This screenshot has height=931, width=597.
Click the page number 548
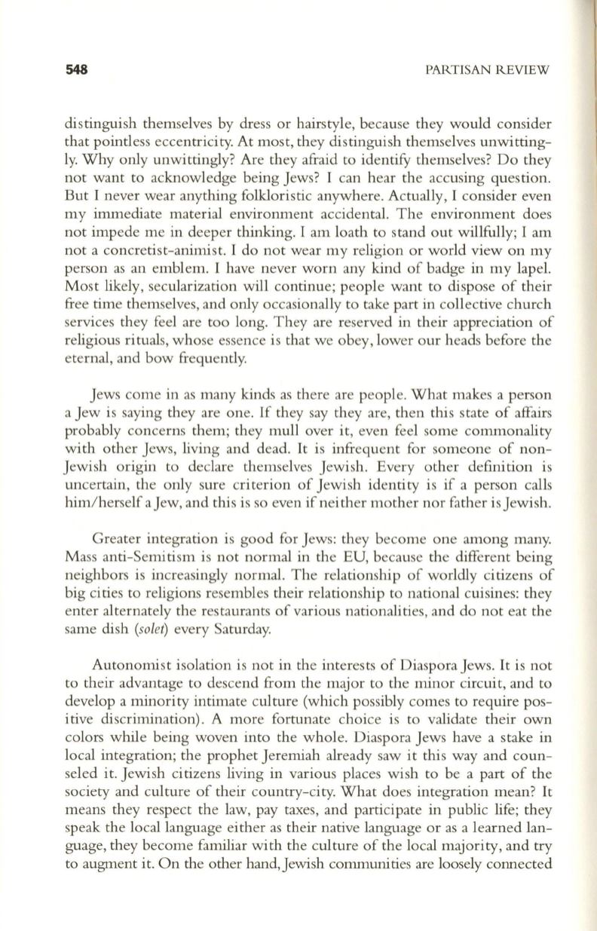tap(76, 69)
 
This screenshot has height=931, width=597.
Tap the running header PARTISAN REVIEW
tap(488, 69)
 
